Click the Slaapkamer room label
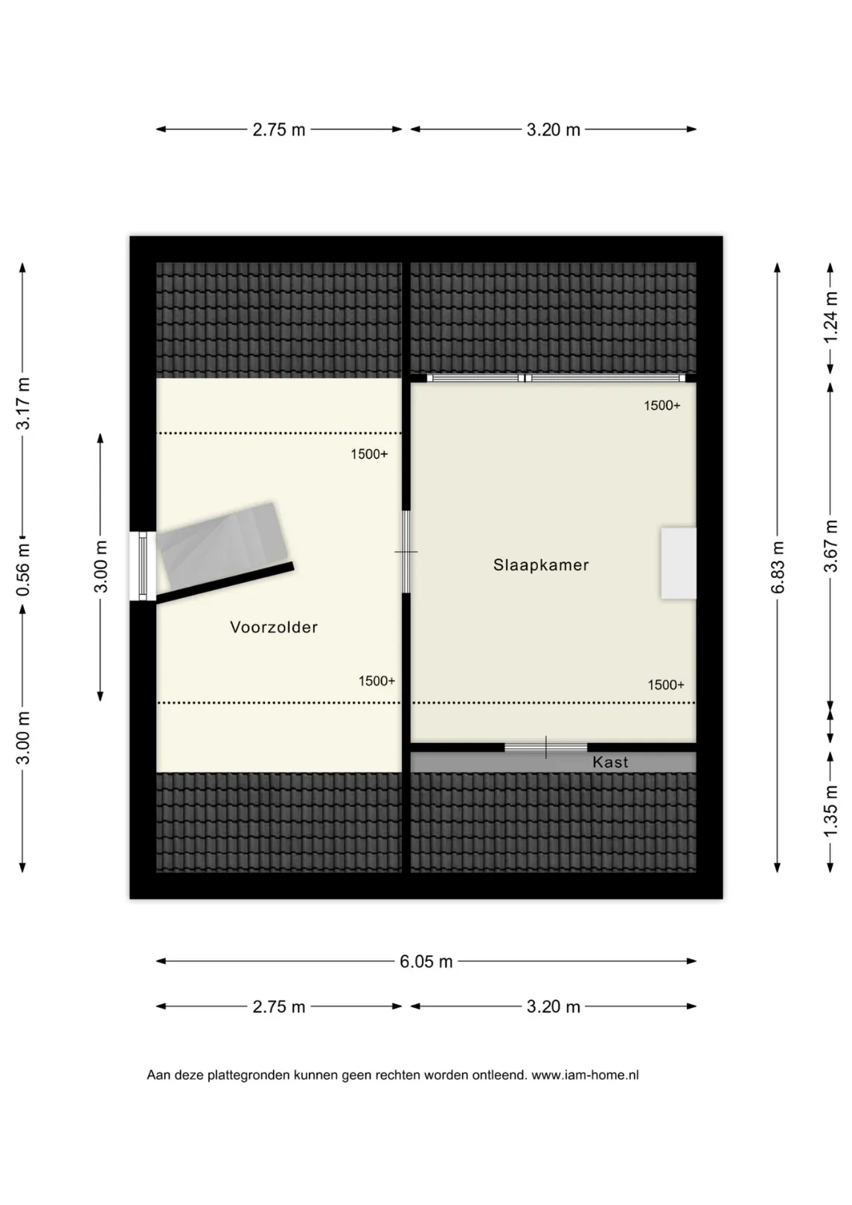tap(541, 565)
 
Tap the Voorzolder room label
tap(274, 627)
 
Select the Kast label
tap(610, 762)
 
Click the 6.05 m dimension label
tap(426, 961)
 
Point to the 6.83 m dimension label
tap(778, 568)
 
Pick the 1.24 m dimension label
tap(831, 317)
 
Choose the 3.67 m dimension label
tap(831, 546)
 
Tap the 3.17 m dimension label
tap(23, 403)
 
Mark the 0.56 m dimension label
tap(23, 568)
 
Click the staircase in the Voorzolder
tap(223, 544)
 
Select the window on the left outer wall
tap(143, 566)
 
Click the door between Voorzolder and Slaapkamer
tap(406, 552)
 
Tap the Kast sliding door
tap(545, 748)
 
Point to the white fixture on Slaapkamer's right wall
tap(679, 563)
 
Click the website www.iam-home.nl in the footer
tap(585, 1076)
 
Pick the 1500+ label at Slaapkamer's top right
tap(662, 405)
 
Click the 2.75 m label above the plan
tap(279, 129)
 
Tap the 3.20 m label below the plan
tap(554, 1006)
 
